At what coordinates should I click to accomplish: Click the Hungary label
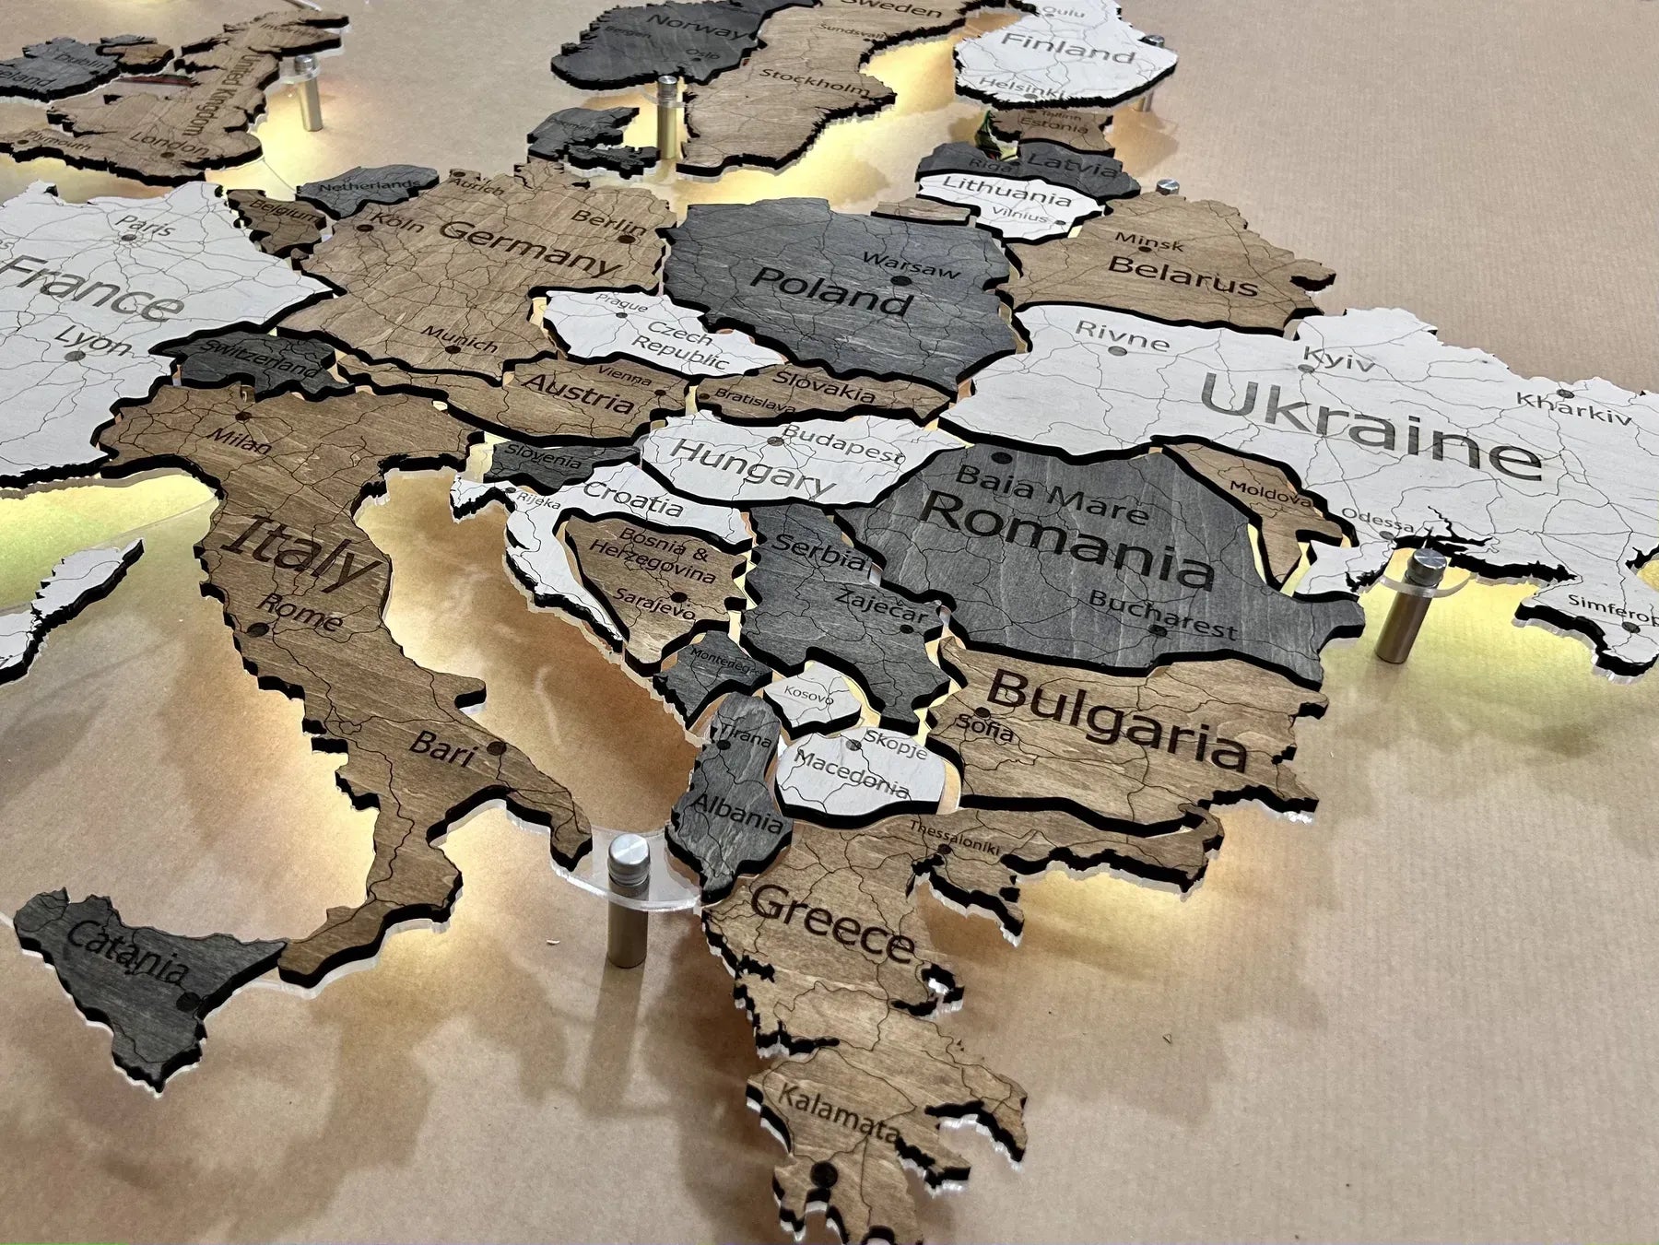point(752,465)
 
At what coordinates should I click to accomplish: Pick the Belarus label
point(1182,275)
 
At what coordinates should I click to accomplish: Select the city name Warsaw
point(912,264)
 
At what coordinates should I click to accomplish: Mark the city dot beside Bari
point(497,748)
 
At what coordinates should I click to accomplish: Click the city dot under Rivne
point(1118,351)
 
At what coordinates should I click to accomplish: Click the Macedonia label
point(850,774)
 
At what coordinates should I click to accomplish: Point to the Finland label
point(1067,48)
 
